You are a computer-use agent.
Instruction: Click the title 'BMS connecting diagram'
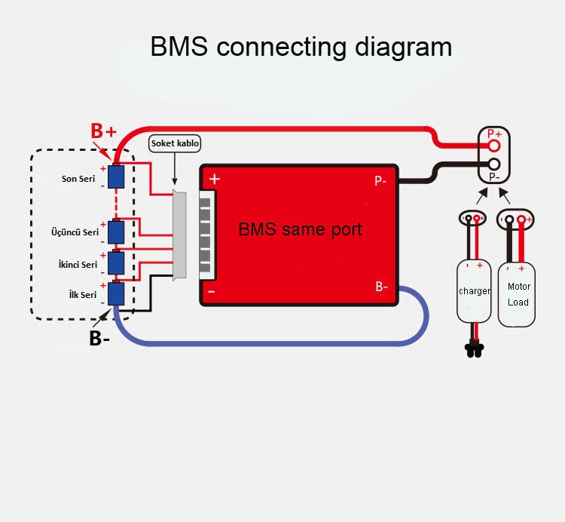click(301, 47)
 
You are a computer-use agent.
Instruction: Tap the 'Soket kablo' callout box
click(176, 143)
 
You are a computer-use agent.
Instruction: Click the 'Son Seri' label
click(79, 179)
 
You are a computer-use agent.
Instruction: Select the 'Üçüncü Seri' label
click(75, 232)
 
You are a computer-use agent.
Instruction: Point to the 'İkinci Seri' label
click(78, 265)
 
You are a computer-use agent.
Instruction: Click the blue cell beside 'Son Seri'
click(116, 177)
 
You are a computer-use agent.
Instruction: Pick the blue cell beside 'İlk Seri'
click(116, 293)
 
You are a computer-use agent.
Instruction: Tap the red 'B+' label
click(104, 131)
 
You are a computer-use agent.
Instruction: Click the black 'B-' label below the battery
click(99, 339)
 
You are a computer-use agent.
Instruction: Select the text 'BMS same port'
click(300, 229)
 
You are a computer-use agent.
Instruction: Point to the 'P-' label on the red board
click(381, 181)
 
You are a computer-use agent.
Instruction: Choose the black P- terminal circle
click(494, 164)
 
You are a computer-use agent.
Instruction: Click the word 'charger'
click(475, 291)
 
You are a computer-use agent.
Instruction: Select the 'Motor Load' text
click(518, 294)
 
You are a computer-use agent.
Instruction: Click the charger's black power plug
click(475, 349)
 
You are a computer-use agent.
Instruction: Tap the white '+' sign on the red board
click(215, 180)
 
